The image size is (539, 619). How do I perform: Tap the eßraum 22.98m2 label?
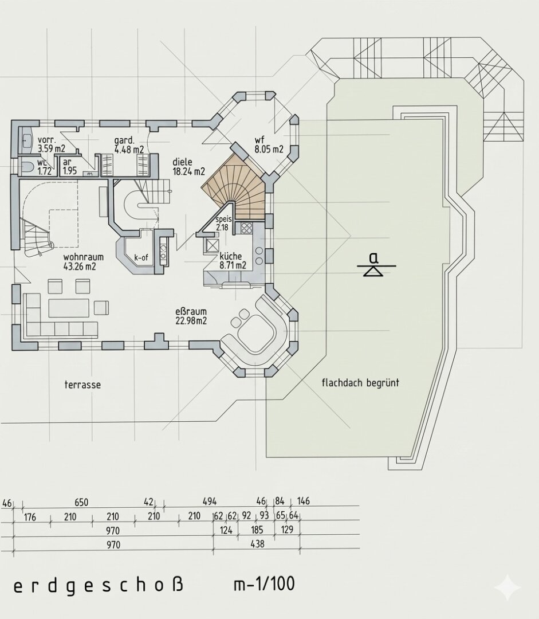tap(191, 316)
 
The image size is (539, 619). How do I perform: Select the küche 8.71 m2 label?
tap(233, 261)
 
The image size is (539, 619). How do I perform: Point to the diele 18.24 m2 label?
tap(188, 167)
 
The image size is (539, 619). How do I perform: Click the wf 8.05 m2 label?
tap(269, 144)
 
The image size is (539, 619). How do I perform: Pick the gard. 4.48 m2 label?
tap(129, 145)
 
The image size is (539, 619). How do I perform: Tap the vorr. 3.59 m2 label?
tap(52, 144)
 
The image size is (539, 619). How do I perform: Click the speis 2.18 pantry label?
tap(223, 224)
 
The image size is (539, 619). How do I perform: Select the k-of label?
tap(141, 258)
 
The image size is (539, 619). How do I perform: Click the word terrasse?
tap(82, 385)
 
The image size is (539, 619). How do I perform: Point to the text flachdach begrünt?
tap(360, 382)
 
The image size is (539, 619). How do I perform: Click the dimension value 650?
tap(81, 502)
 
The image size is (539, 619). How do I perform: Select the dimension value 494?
tap(210, 502)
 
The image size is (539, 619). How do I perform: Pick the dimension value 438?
tap(258, 544)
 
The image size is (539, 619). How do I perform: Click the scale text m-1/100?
tap(264, 584)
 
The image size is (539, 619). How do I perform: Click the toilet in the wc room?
tap(26, 167)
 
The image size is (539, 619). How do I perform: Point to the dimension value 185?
tap(257, 530)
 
